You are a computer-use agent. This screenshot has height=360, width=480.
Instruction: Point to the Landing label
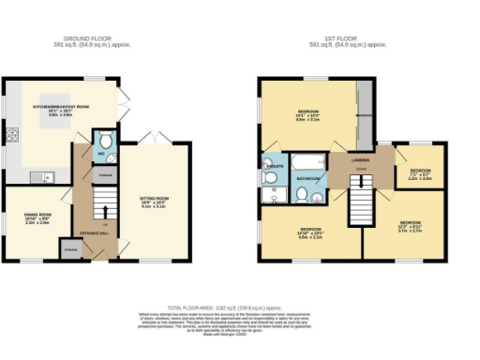(360, 161)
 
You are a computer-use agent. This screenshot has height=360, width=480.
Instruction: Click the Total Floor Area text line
(239, 307)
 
